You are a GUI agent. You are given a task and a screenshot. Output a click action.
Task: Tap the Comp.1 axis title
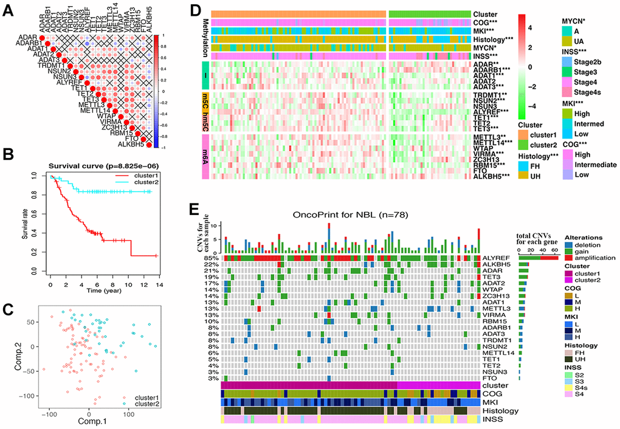pyautogui.click(x=89, y=422)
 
